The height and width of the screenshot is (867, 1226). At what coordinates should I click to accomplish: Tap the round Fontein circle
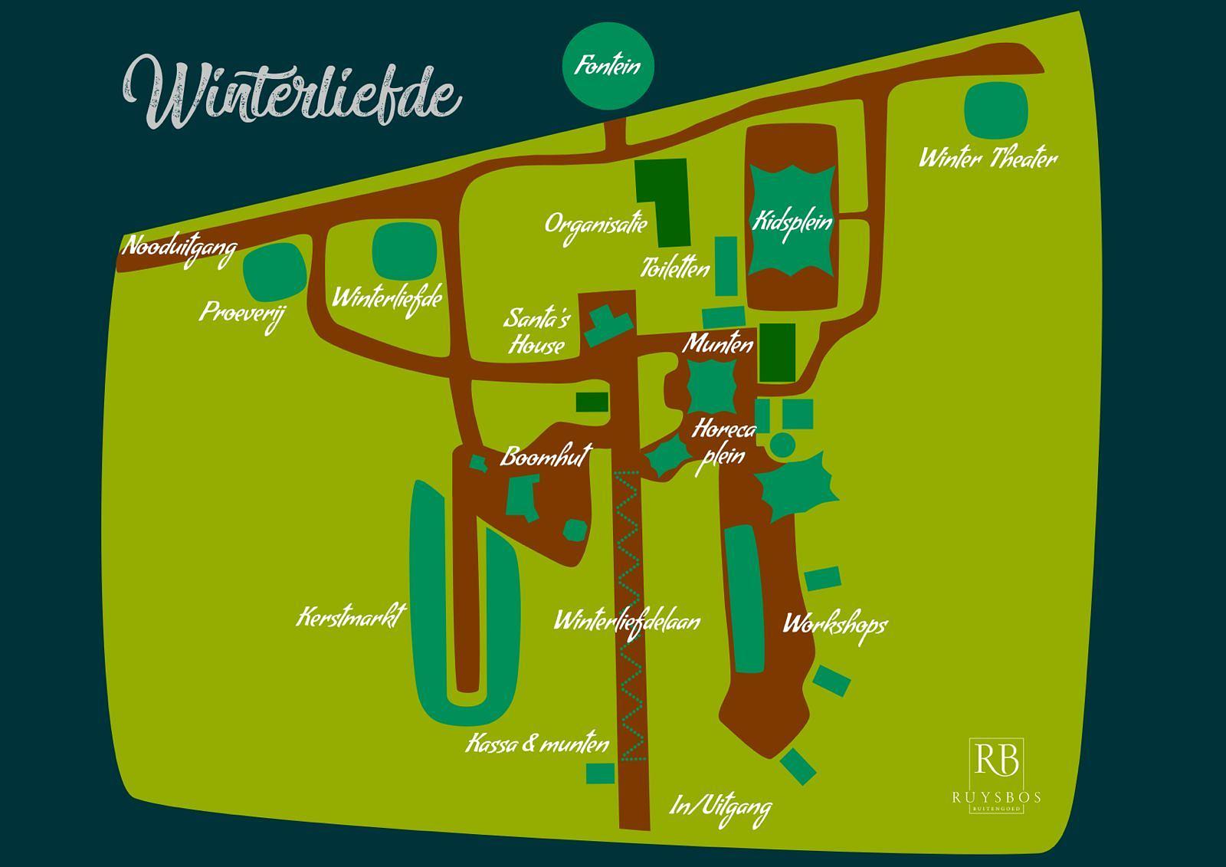(608, 66)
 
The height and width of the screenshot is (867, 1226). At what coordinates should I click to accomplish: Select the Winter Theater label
(988, 159)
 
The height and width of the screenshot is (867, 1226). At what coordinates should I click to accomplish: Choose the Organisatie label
(595, 225)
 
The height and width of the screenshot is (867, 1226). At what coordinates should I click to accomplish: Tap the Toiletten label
(675, 268)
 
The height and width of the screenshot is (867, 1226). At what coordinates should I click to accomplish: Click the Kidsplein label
(792, 222)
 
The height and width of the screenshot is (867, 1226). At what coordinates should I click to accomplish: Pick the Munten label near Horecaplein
(718, 343)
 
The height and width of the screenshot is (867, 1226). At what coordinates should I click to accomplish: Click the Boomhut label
(545, 457)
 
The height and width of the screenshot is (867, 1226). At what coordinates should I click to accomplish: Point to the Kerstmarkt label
(351, 617)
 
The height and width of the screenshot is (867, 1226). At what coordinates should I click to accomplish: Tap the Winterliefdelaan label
(627, 620)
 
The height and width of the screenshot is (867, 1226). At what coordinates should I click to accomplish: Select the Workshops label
(834, 624)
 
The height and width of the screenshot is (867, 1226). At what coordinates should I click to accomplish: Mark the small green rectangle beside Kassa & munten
(600, 773)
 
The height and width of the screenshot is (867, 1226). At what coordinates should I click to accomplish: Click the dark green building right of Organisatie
(664, 201)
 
